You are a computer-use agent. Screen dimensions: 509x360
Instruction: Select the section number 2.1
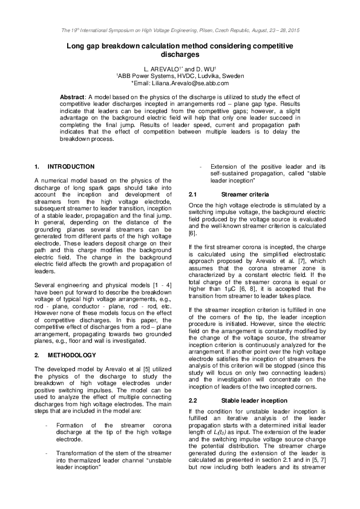(194, 194)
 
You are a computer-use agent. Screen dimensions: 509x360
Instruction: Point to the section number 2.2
(194, 401)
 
